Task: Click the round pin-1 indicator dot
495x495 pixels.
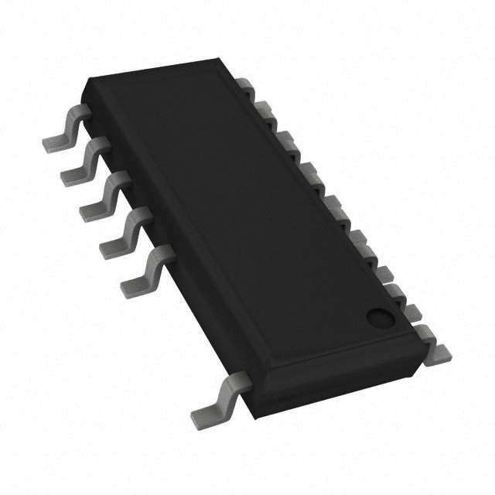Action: [x=378, y=316]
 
